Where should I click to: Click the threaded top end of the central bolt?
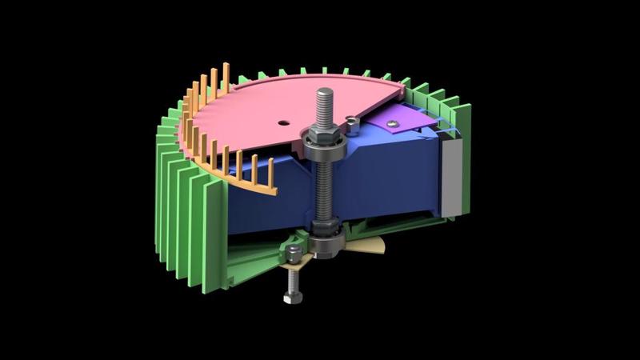[x=328, y=103]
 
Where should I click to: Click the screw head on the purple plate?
[x=393, y=122]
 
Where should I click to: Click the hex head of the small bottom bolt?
[x=289, y=299]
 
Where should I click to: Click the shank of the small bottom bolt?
[x=289, y=280]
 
